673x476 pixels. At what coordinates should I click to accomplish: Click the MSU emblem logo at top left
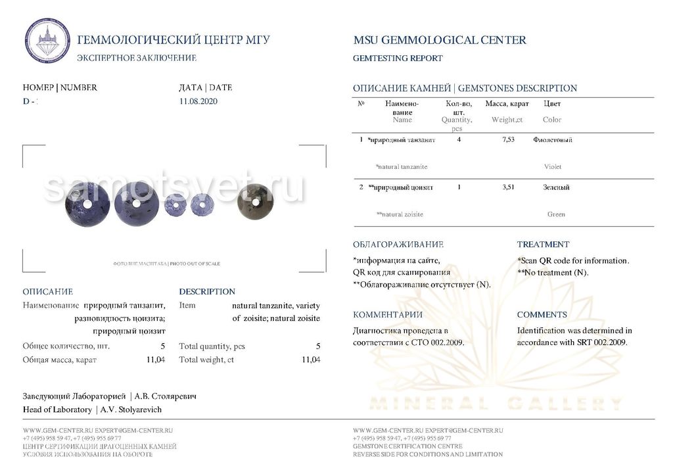click(x=47, y=41)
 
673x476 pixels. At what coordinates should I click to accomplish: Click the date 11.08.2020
click(x=198, y=101)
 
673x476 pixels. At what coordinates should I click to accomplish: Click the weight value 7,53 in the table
click(x=508, y=140)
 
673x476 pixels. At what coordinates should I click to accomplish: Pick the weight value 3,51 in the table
click(x=508, y=187)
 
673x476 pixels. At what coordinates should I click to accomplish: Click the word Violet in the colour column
click(x=553, y=167)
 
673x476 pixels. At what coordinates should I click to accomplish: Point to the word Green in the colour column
click(x=556, y=214)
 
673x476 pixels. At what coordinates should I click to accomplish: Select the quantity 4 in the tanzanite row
click(x=459, y=140)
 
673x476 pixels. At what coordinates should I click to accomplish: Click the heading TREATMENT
click(x=543, y=245)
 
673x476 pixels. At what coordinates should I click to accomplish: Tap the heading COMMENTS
click(x=542, y=315)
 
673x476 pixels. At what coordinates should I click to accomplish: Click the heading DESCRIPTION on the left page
click(x=207, y=292)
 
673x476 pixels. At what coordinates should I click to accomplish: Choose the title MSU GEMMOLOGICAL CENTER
click(x=440, y=40)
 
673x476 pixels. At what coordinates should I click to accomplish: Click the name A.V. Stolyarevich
click(x=132, y=410)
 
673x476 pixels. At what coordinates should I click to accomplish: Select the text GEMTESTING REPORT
click(x=398, y=59)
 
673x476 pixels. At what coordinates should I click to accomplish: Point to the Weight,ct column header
click(x=507, y=120)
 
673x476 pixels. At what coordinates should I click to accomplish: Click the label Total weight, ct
click(x=206, y=360)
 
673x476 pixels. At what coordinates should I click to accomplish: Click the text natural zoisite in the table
click(x=400, y=214)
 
